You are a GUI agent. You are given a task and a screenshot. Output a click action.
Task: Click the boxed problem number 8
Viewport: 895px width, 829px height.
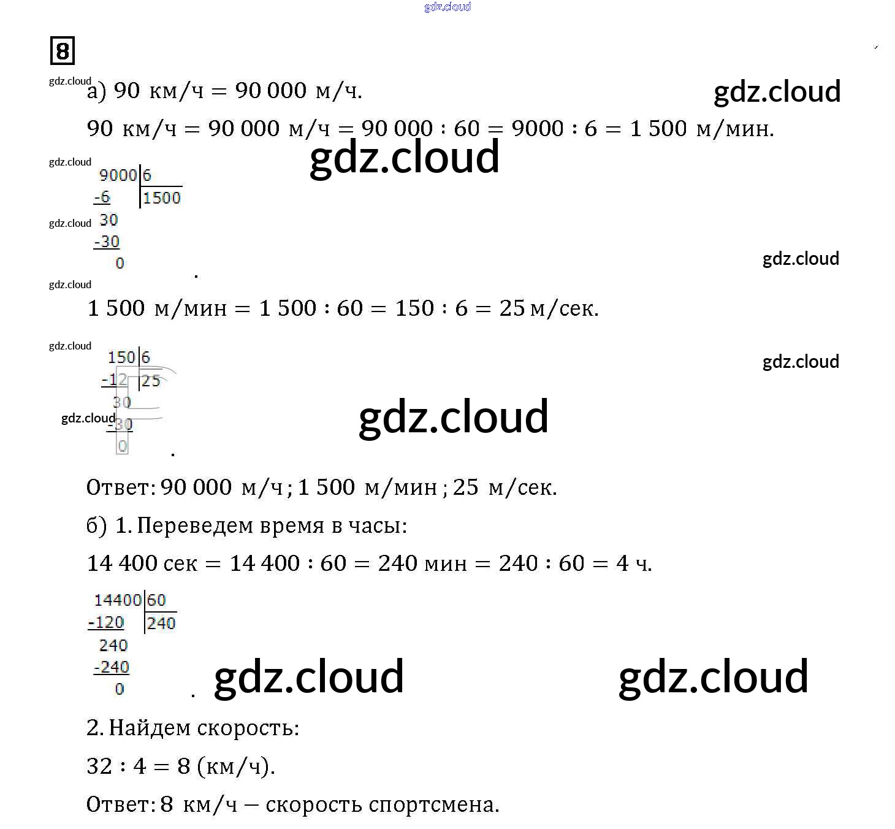(x=62, y=50)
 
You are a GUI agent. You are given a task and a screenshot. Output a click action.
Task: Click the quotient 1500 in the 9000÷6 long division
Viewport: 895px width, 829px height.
(x=162, y=198)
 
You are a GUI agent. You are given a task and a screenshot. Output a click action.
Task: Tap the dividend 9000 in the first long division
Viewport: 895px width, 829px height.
(x=117, y=175)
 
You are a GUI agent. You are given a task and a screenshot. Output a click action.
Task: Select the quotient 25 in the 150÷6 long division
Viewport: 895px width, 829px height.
(x=151, y=381)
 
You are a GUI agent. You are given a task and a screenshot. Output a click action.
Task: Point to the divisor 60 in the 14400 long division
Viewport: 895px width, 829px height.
(x=156, y=600)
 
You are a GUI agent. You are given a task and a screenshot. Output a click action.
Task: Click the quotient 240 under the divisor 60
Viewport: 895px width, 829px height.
(x=161, y=624)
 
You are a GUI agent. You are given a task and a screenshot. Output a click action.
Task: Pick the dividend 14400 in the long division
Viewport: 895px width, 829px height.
(x=118, y=600)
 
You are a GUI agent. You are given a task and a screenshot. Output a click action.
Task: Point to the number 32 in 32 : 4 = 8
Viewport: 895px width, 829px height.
(x=99, y=766)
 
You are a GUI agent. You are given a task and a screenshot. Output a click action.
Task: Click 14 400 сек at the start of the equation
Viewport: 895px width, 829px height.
(x=142, y=563)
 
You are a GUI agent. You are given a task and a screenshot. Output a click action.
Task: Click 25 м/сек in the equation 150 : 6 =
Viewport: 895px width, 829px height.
(x=548, y=308)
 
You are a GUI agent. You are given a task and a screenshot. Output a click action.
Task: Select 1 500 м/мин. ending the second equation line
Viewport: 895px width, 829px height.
(x=701, y=128)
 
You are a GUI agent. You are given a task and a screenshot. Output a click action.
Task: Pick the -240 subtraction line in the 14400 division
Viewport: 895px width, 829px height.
(x=112, y=667)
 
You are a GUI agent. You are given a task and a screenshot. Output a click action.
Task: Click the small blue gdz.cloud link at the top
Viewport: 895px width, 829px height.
(x=447, y=7)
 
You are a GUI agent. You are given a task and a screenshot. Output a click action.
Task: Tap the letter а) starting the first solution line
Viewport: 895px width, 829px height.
(x=97, y=91)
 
